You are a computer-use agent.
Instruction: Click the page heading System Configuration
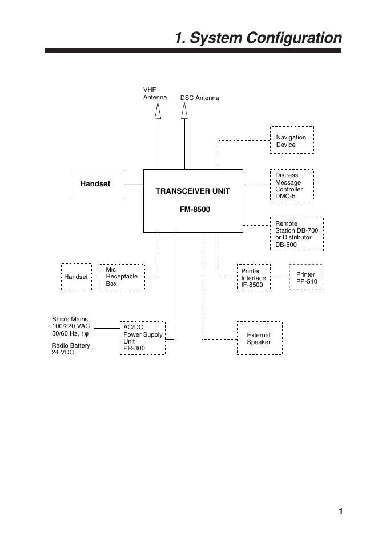(x=258, y=38)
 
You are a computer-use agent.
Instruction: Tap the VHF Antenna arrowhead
(x=158, y=111)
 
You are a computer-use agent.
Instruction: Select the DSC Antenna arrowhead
(x=184, y=111)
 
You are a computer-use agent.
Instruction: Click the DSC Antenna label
(x=199, y=98)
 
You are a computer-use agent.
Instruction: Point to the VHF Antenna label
(x=154, y=94)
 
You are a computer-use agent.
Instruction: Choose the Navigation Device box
(x=291, y=141)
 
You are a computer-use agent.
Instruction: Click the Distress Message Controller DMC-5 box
(x=291, y=186)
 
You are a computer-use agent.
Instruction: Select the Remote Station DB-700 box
(x=296, y=234)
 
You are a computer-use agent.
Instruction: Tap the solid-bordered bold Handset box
(x=96, y=184)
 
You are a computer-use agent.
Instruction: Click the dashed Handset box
(x=76, y=277)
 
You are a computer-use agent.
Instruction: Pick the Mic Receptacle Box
(x=122, y=277)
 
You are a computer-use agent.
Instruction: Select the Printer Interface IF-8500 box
(x=253, y=278)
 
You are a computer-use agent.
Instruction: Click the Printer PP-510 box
(x=305, y=278)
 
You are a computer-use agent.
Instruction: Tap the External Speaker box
(x=259, y=338)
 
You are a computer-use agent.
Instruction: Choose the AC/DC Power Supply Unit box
(x=142, y=338)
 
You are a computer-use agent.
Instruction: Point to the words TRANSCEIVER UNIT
(x=192, y=191)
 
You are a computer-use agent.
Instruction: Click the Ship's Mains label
(x=71, y=326)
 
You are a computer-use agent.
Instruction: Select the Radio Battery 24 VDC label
(x=70, y=349)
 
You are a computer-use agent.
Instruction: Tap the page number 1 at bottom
(x=340, y=511)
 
